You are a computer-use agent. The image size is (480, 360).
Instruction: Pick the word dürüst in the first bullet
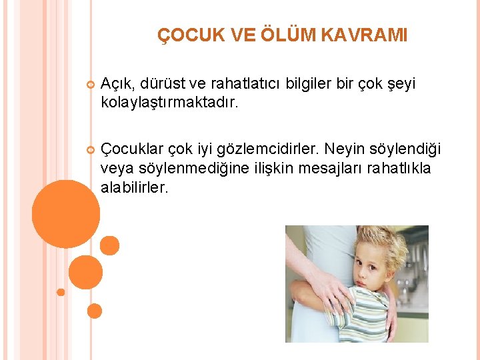tap(161, 83)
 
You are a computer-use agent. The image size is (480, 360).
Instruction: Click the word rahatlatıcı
tap(246, 83)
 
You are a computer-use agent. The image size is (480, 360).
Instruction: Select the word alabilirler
tap(135, 187)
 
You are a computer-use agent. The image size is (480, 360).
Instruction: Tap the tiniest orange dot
tap(61, 292)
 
